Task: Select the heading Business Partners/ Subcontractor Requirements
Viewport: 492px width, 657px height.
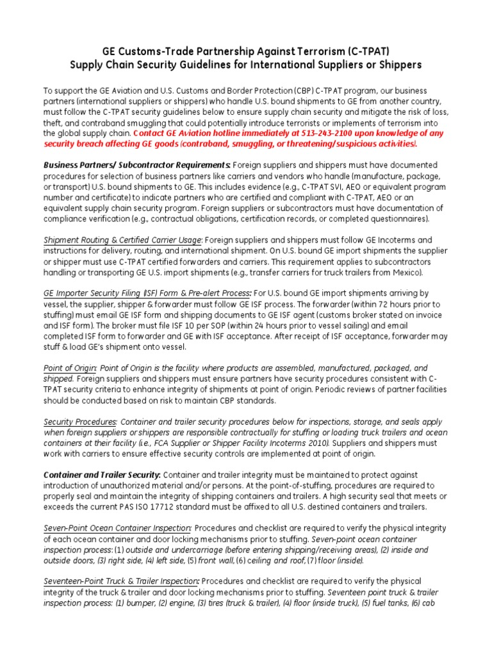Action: pos(137,165)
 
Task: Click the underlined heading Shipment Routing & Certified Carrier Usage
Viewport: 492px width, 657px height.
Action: pos(122,240)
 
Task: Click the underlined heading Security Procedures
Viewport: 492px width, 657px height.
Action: pos(80,422)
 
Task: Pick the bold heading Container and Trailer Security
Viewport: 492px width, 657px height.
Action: pos(101,475)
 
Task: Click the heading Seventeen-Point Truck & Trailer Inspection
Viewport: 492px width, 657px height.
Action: pos(121,582)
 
